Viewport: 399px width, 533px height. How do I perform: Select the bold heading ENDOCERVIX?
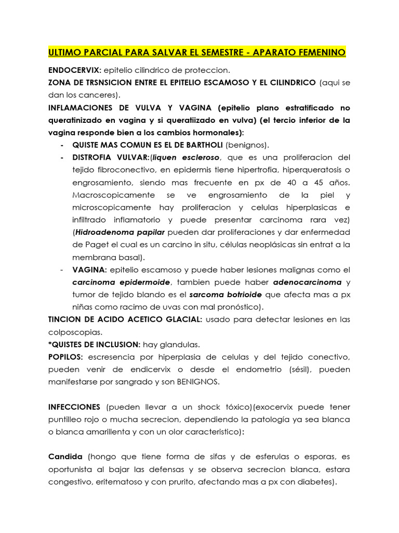[74, 70]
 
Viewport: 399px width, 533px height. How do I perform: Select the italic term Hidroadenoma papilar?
[120, 232]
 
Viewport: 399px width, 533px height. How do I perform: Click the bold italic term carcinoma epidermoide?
[121, 282]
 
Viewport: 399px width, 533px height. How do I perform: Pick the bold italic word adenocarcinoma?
[308, 282]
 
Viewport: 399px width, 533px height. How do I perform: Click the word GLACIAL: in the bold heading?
[179, 320]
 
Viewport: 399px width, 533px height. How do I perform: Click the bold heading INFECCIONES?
[74, 407]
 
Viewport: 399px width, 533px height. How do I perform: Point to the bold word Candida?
[65, 457]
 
